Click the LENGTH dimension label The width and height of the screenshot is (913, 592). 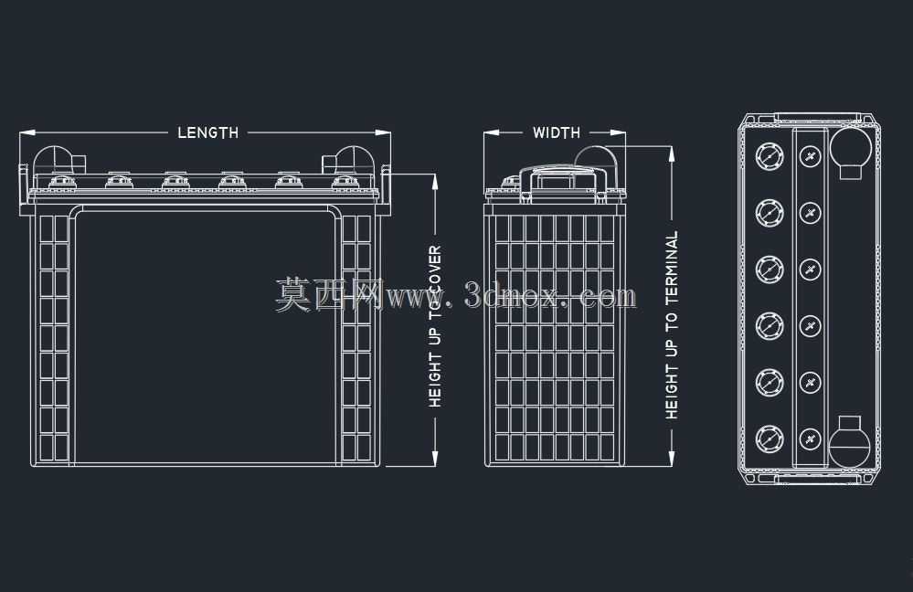(x=207, y=132)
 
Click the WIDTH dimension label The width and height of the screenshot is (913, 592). (x=557, y=132)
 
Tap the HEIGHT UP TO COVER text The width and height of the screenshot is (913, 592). (x=436, y=326)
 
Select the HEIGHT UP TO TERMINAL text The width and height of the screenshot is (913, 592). (x=672, y=325)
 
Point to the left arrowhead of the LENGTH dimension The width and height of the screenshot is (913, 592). (x=27, y=132)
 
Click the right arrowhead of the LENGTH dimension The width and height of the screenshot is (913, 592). (x=383, y=132)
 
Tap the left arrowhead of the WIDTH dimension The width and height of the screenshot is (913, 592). (x=492, y=132)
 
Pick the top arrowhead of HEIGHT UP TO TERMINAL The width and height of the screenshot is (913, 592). (x=672, y=153)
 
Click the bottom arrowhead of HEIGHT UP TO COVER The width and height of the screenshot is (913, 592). (x=435, y=458)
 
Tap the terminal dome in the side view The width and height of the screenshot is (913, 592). (x=596, y=158)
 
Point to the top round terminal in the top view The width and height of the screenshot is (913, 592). (x=850, y=148)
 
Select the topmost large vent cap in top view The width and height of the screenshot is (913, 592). (x=770, y=156)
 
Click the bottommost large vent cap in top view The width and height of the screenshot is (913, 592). (x=770, y=439)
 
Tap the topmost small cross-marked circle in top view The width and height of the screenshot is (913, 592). (x=810, y=156)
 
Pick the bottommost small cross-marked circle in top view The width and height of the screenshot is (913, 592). (x=810, y=439)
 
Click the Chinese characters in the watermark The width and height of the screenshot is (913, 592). (x=329, y=294)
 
